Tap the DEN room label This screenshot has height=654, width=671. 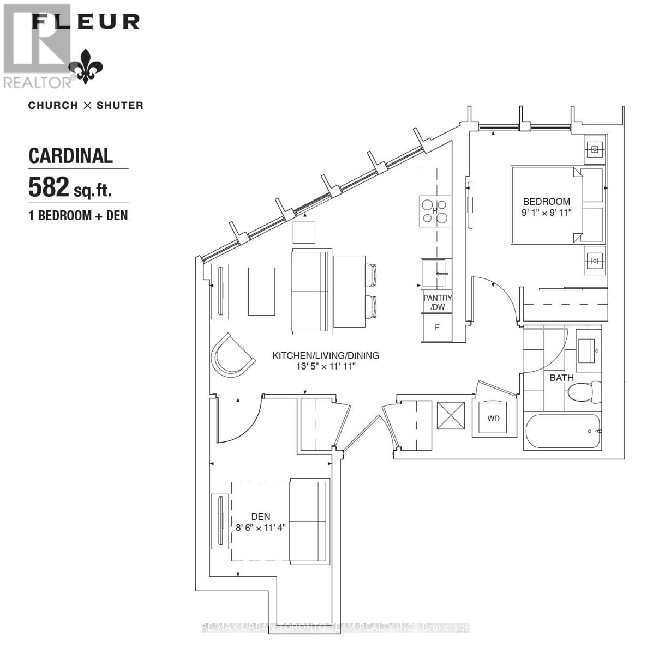pyautogui.click(x=261, y=517)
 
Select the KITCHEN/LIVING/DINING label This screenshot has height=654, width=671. pyautogui.click(x=326, y=355)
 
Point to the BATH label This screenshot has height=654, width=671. pyautogui.click(x=561, y=377)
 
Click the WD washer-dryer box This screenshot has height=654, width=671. pyautogui.click(x=494, y=419)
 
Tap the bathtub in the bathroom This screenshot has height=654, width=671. pyautogui.click(x=562, y=432)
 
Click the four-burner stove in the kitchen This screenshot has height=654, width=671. pyautogui.click(x=435, y=211)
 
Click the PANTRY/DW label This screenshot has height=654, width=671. pyautogui.click(x=438, y=302)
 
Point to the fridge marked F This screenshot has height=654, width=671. pyautogui.click(x=437, y=328)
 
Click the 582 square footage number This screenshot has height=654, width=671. pyautogui.click(x=49, y=188)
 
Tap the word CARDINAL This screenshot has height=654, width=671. pyautogui.click(x=70, y=155)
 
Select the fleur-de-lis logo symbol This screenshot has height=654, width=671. pyautogui.click(x=86, y=66)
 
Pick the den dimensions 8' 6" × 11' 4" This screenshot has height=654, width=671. pyautogui.click(x=261, y=528)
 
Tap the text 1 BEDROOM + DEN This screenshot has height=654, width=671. pyautogui.click(x=78, y=215)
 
